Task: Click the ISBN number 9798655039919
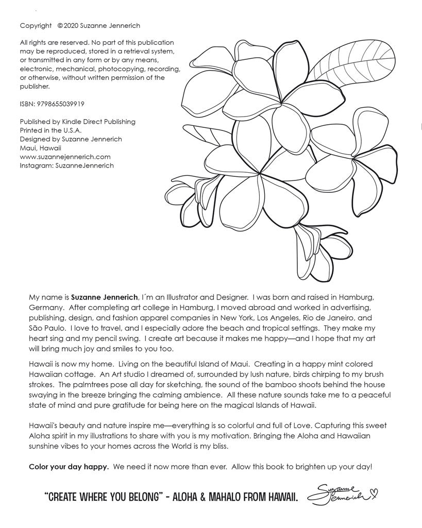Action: click(61, 104)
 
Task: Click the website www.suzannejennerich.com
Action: click(65, 157)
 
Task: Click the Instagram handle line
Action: click(66, 166)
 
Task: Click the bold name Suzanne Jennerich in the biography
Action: click(105, 297)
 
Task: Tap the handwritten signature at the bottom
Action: click(337, 496)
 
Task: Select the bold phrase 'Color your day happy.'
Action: click(69, 467)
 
